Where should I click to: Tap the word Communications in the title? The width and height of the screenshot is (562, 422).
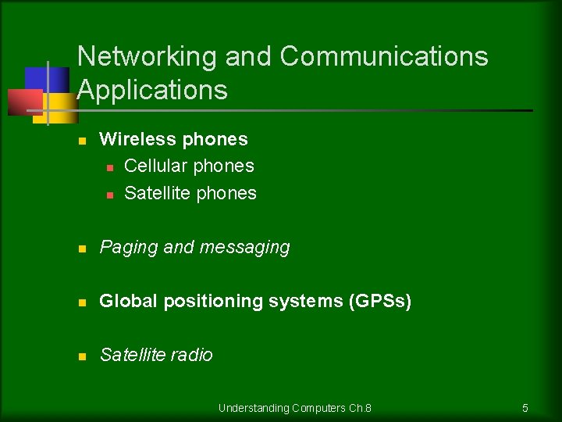pyautogui.click(x=384, y=57)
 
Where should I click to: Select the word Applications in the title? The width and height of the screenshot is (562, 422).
pyautogui.click(x=152, y=91)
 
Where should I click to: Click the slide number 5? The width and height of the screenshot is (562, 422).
pyautogui.click(x=525, y=408)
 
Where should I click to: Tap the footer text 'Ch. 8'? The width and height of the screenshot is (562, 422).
pyautogui.click(x=360, y=408)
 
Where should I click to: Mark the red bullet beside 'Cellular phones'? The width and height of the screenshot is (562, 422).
pyautogui.click(x=110, y=167)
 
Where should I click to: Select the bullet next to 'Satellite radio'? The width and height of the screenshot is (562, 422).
pyautogui.click(x=81, y=356)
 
